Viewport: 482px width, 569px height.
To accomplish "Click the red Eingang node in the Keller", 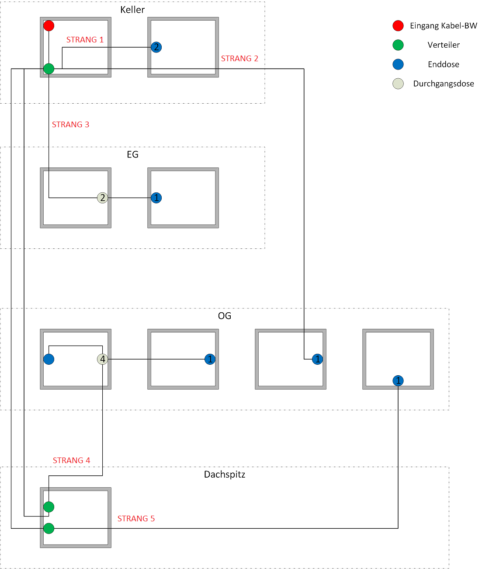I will [49, 26].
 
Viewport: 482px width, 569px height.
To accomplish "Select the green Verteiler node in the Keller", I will [49, 69].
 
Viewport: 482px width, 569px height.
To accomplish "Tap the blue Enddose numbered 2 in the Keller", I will [156, 47].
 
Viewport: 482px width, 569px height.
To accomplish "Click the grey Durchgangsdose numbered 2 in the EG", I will [103, 198].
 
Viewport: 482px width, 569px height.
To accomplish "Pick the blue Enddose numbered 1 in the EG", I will [156, 198].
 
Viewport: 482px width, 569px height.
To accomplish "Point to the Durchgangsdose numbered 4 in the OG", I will [103, 359].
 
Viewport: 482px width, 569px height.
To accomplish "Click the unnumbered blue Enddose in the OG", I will [49, 359].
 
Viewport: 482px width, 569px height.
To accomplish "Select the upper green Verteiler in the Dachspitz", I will [49, 507].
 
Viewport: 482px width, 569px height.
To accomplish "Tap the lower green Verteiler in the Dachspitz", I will [49, 528].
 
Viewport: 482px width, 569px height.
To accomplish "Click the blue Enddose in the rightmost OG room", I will [398, 380].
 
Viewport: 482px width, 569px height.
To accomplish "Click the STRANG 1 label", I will [85, 40].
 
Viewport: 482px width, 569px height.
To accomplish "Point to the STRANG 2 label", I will [239, 59].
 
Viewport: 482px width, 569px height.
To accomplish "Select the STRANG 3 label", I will [70, 125].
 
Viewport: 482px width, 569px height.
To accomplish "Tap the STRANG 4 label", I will [71, 461].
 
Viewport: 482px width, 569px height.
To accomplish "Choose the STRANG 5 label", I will [136, 519].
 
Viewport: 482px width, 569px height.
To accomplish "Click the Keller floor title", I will [132, 10].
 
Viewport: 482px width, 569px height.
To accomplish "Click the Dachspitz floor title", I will [225, 475].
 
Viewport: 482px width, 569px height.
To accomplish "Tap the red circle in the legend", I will [398, 26].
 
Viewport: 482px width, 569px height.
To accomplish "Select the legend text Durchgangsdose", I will [444, 84].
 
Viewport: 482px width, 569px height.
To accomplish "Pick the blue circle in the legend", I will [398, 64].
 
